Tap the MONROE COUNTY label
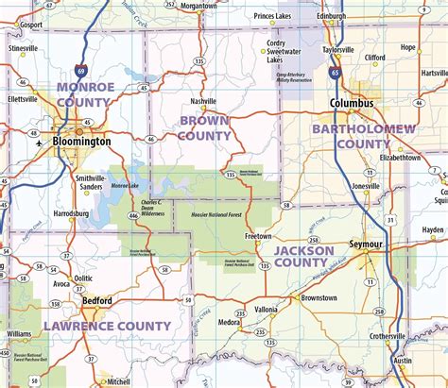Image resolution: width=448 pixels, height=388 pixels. [x=85, y=93]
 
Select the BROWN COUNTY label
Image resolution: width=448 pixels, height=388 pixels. [x=205, y=127]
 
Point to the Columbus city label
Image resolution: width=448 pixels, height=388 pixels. [x=351, y=104]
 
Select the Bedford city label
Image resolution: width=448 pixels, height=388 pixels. [x=96, y=301]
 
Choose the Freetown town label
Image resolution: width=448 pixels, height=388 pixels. [x=258, y=236]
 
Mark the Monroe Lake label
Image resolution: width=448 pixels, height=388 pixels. [x=125, y=187]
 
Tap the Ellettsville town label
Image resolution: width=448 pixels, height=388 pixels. [x=21, y=98]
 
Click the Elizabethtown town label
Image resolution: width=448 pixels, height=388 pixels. [x=399, y=158]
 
